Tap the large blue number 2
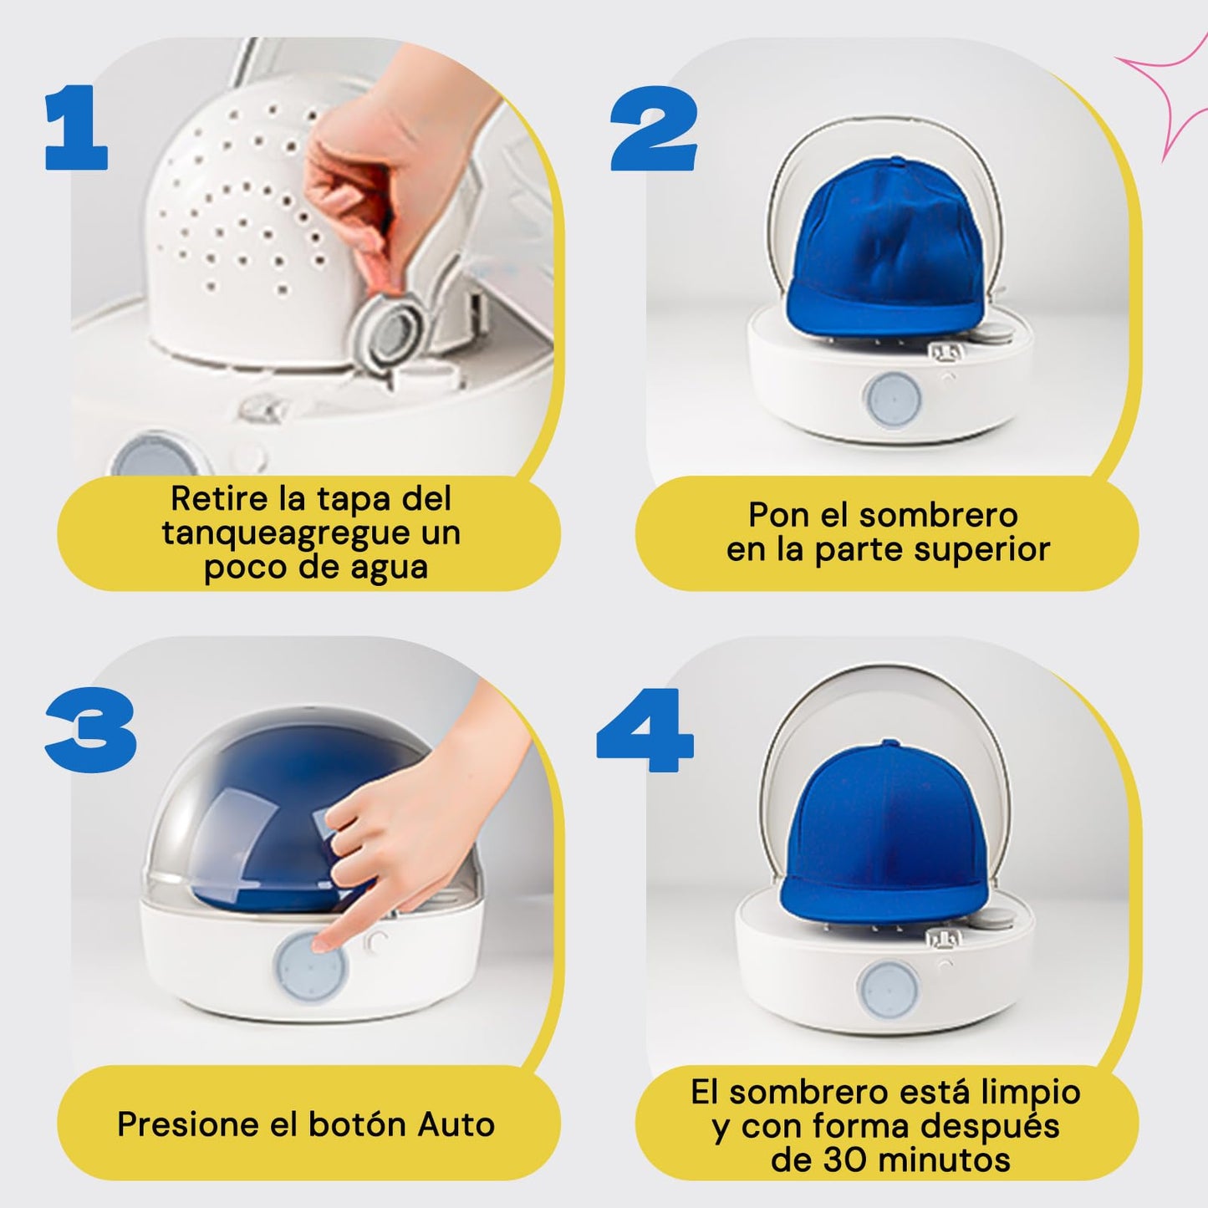click(653, 129)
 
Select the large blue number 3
click(91, 730)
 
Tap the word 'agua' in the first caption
click(388, 568)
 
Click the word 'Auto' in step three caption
click(456, 1124)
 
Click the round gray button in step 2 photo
click(892, 401)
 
